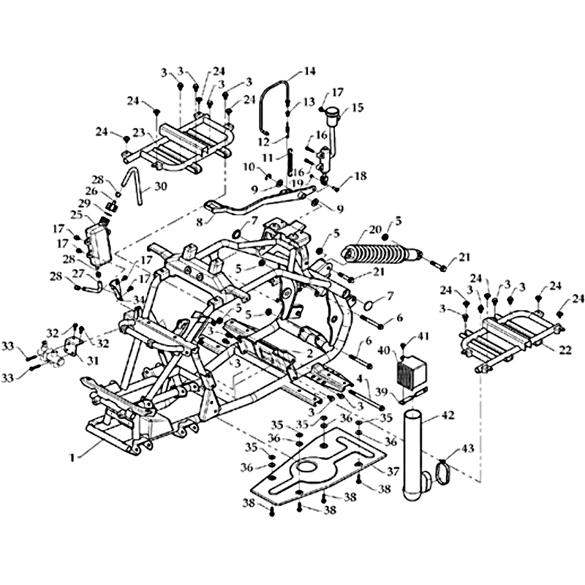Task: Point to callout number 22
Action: coord(564,350)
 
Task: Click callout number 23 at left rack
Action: coord(138,133)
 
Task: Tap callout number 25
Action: coord(77,215)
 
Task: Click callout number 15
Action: coord(357,107)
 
